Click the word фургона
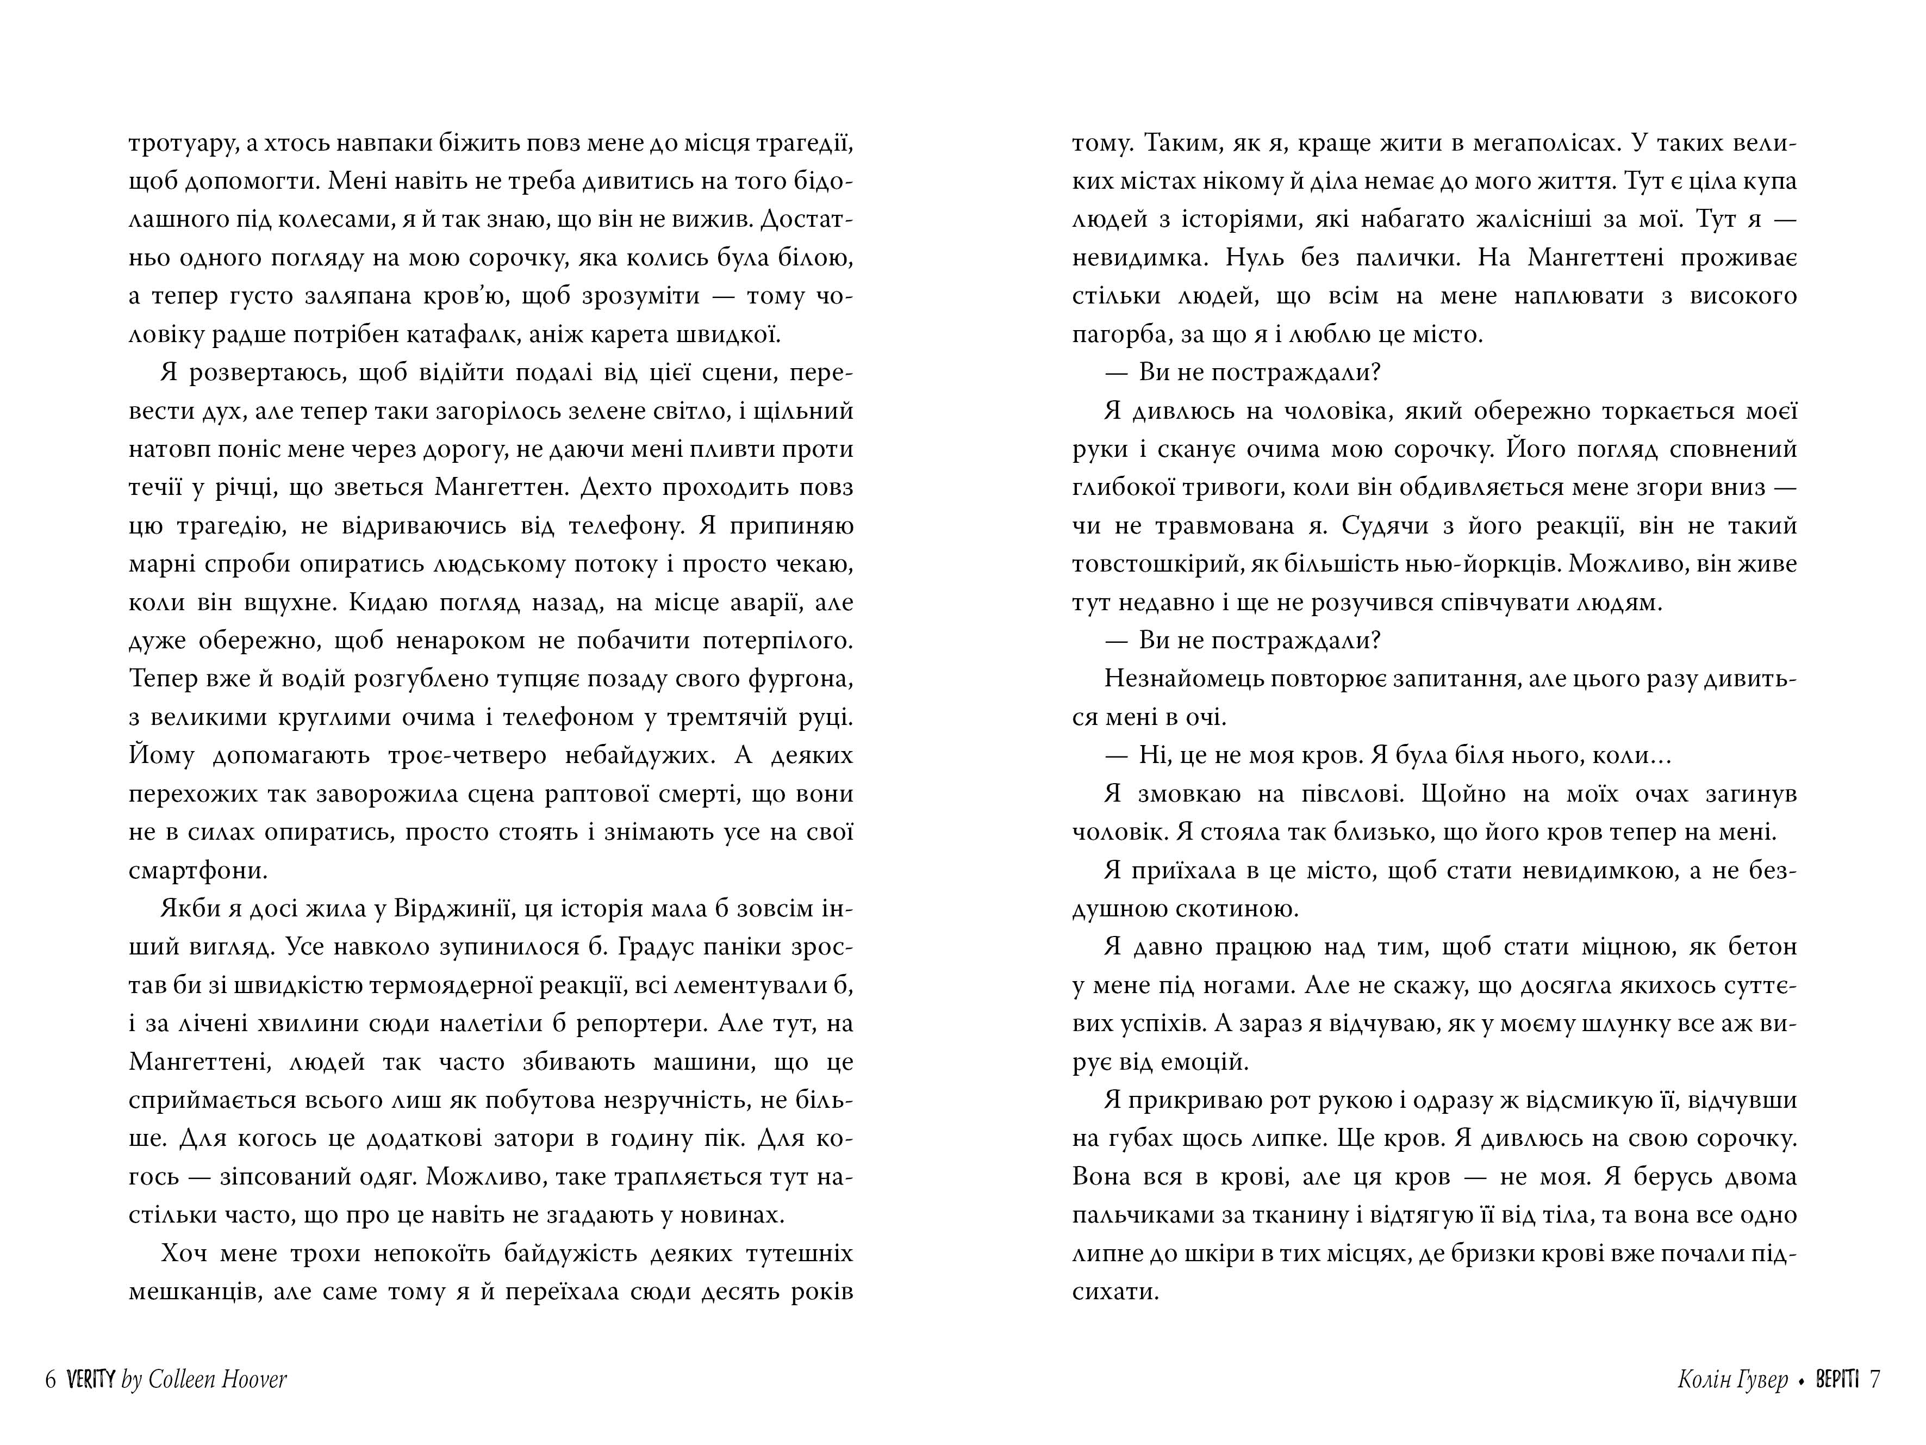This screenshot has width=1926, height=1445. pos(806,679)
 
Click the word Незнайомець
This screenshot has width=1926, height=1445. pos(1182,679)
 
